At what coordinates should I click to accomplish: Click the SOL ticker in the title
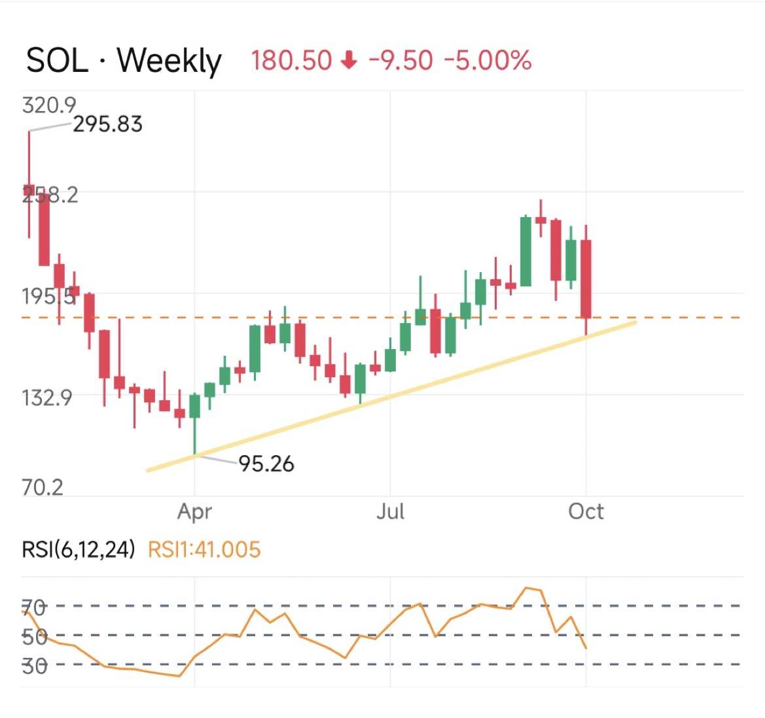click(57, 61)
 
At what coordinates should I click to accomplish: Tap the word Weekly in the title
click(169, 61)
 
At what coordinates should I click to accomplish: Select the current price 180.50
click(292, 61)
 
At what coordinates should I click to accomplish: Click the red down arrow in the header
click(350, 61)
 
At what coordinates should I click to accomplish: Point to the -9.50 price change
click(400, 61)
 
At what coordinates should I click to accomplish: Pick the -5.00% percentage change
click(488, 61)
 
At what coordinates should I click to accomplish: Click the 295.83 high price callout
click(107, 124)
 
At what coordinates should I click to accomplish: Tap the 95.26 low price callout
click(266, 464)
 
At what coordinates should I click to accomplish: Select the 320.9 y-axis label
click(48, 105)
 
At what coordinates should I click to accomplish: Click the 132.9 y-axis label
click(46, 397)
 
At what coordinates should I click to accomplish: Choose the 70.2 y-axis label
click(43, 487)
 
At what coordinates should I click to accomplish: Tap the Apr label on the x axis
click(194, 511)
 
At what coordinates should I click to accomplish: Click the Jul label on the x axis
click(390, 511)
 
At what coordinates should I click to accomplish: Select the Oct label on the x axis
click(586, 511)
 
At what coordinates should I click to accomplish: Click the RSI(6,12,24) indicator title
click(79, 549)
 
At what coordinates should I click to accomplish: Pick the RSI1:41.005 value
click(204, 549)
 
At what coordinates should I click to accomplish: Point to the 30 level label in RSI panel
click(34, 666)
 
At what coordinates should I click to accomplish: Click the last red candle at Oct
click(586, 279)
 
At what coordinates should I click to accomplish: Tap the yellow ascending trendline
click(393, 396)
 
